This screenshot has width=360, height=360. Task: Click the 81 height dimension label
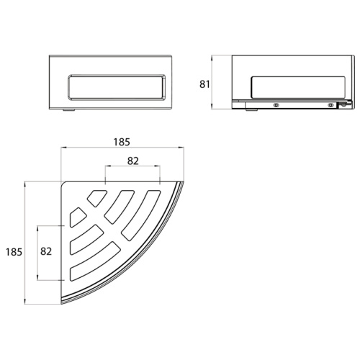pyautogui.click(x=205, y=84)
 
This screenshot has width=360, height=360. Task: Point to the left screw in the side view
pyautogui.click(x=276, y=105)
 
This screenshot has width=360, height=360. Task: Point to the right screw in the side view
pyautogui.click(x=330, y=105)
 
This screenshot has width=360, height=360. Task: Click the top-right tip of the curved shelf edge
pyautogui.click(x=179, y=181)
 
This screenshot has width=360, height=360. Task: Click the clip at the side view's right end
pyautogui.click(x=343, y=105)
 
